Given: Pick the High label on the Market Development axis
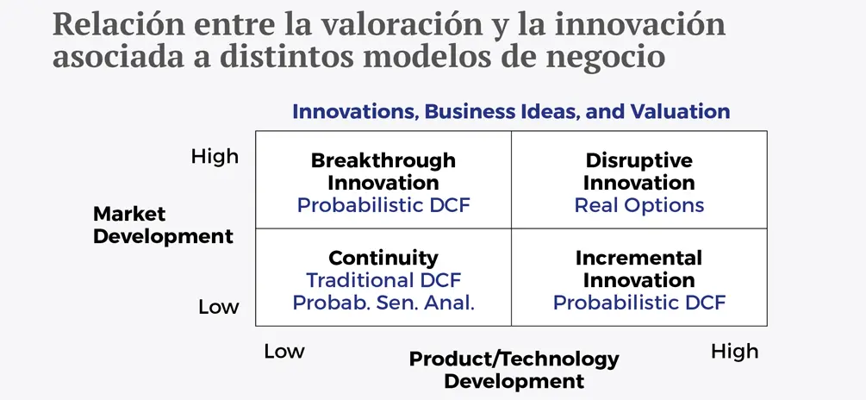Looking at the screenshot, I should pos(215,156).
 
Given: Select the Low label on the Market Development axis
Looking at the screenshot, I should pos(218,307).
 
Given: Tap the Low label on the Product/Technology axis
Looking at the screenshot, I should pos(283,351).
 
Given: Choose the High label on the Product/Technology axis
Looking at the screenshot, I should pos(734,351).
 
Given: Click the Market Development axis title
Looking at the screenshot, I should pos(163,224).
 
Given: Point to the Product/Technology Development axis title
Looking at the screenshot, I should pos(514,369).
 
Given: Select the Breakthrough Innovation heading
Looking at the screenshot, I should pos(383,172).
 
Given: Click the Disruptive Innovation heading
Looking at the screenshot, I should pos(639,172).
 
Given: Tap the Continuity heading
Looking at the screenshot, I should pos(383,258).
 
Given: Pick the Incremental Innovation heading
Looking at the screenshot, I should pos(639,269).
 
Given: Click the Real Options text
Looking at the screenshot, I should pos(639,205).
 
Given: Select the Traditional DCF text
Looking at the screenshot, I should pos(383,280).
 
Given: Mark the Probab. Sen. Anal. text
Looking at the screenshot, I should pos(383,303).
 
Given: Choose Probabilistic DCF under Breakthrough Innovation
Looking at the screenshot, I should pos(383,205).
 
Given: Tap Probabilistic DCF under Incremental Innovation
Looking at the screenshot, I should pos(639,303).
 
